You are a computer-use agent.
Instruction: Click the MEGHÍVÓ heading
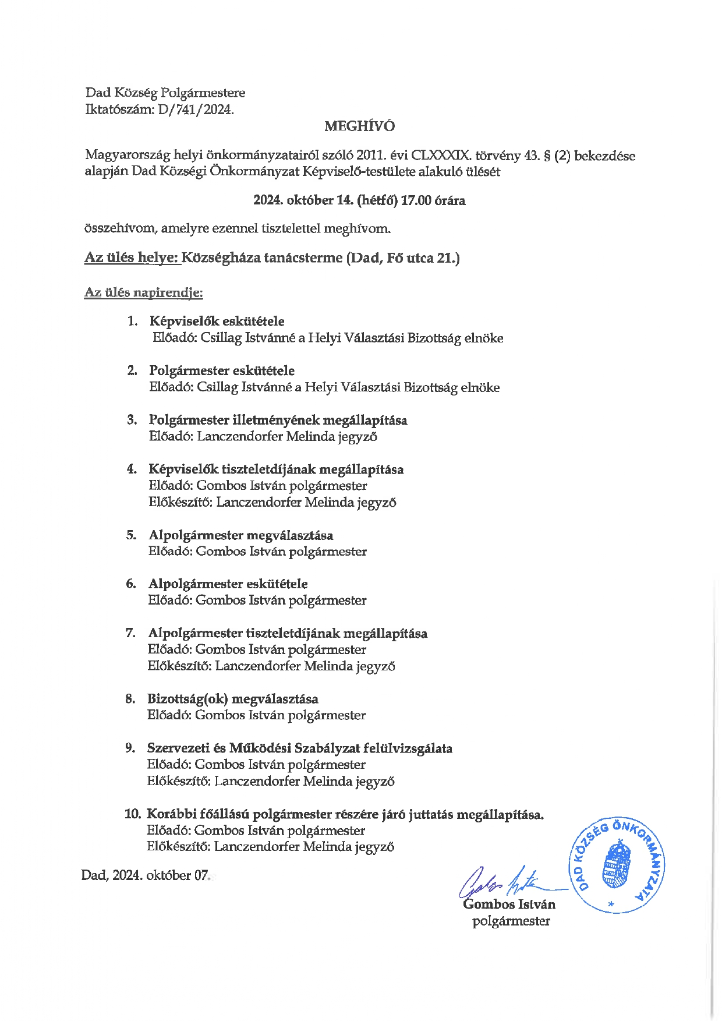pyautogui.click(x=359, y=126)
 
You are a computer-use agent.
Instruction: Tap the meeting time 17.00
pyautogui.click(x=416, y=200)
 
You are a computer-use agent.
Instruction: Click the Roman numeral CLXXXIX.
pyautogui.click(x=441, y=156)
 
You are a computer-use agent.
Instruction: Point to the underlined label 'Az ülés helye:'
pyautogui.click(x=132, y=257)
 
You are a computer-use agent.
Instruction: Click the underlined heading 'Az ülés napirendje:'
pyautogui.click(x=143, y=292)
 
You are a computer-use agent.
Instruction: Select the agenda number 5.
pyautogui.click(x=131, y=535)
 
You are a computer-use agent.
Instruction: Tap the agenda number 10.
pyautogui.click(x=133, y=814)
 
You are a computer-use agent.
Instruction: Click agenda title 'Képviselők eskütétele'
pyautogui.click(x=217, y=321)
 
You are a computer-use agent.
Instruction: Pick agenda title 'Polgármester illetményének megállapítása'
pyautogui.click(x=278, y=420)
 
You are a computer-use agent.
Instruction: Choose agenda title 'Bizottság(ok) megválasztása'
pyautogui.click(x=232, y=698)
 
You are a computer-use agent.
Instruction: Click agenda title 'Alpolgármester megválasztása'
pyautogui.click(x=240, y=535)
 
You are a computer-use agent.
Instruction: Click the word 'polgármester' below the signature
pyautogui.click(x=511, y=921)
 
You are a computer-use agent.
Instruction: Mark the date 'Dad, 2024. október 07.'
pyautogui.click(x=145, y=875)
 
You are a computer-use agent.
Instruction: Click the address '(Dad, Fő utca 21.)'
pyautogui.click(x=403, y=257)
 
